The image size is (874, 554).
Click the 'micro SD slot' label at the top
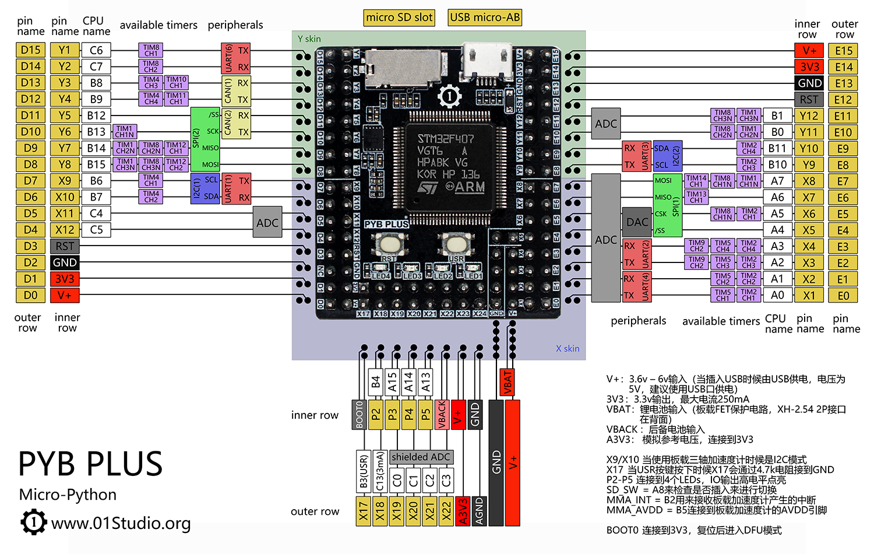tap(399, 17)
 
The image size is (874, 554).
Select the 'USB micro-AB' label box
tap(485, 17)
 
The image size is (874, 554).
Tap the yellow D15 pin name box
tap(30, 50)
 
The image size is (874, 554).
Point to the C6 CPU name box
tap(96, 50)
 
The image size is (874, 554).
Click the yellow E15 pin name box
tap(843, 51)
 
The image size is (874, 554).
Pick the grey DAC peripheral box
tap(637, 222)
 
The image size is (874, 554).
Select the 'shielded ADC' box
tap(421, 457)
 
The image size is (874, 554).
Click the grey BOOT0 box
tap(359, 415)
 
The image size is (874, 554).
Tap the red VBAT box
tap(508, 383)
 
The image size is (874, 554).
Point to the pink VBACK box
tap(441, 415)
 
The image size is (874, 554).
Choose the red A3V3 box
tap(463, 511)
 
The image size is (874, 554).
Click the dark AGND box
tap(479, 511)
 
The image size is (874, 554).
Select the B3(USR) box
tap(364, 472)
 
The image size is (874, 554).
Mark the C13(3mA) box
tap(380, 472)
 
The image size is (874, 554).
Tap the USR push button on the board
tap(455, 243)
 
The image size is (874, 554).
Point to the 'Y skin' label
tap(309, 39)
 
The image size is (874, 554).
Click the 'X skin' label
tap(567, 349)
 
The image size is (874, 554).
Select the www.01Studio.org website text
tap(121, 523)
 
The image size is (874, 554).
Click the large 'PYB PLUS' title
tap(90, 464)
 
